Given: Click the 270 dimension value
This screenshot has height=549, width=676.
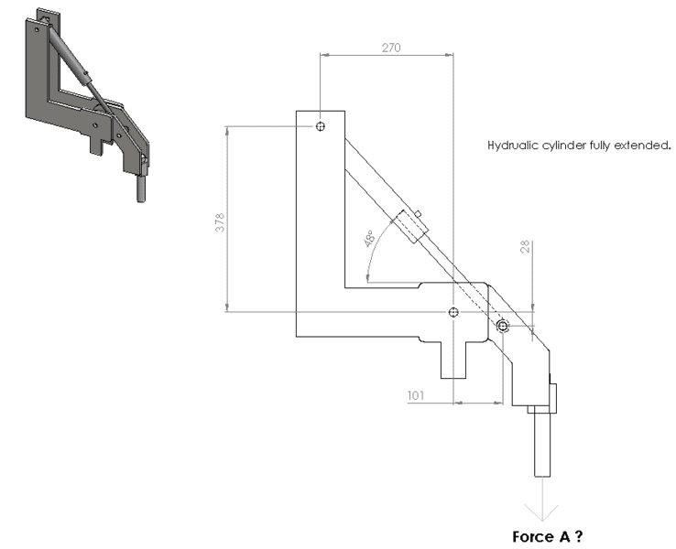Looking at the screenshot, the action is [391, 48].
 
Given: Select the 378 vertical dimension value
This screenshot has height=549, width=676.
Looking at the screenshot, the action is [220, 222].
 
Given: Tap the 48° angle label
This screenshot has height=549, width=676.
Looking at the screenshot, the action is [369, 239].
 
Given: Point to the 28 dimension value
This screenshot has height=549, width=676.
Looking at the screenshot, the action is [525, 247].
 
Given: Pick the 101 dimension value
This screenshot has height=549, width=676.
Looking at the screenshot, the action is [416, 395].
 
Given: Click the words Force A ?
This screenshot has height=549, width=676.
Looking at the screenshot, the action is [548, 536].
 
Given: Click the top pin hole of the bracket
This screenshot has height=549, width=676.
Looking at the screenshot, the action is [321, 126].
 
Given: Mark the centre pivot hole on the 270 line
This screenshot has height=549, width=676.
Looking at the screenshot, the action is [453, 312].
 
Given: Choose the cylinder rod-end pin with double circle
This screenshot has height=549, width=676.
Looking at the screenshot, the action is [503, 327].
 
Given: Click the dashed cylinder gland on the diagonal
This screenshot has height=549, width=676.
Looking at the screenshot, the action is [409, 227].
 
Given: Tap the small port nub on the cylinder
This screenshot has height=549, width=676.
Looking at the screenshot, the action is [418, 213].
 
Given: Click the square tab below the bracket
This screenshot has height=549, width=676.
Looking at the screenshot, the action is [453, 360].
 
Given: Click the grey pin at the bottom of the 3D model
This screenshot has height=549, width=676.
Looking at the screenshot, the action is [141, 188].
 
